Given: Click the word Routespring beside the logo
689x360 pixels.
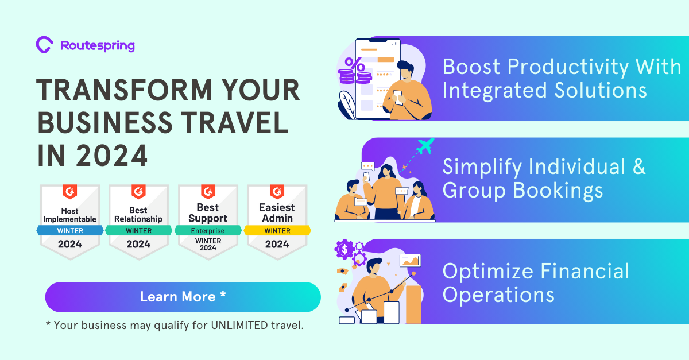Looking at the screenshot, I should click(97, 45).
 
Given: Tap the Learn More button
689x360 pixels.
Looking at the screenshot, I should click(183, 297).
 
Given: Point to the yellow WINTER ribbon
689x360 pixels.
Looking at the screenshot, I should click(277, 231).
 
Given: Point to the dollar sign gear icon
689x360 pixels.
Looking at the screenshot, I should click(344, 249).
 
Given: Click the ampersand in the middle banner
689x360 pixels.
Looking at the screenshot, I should click(638, 167).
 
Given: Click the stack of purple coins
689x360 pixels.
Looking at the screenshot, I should click(347, 77).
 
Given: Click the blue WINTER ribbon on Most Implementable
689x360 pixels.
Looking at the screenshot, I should click(70, 231).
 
